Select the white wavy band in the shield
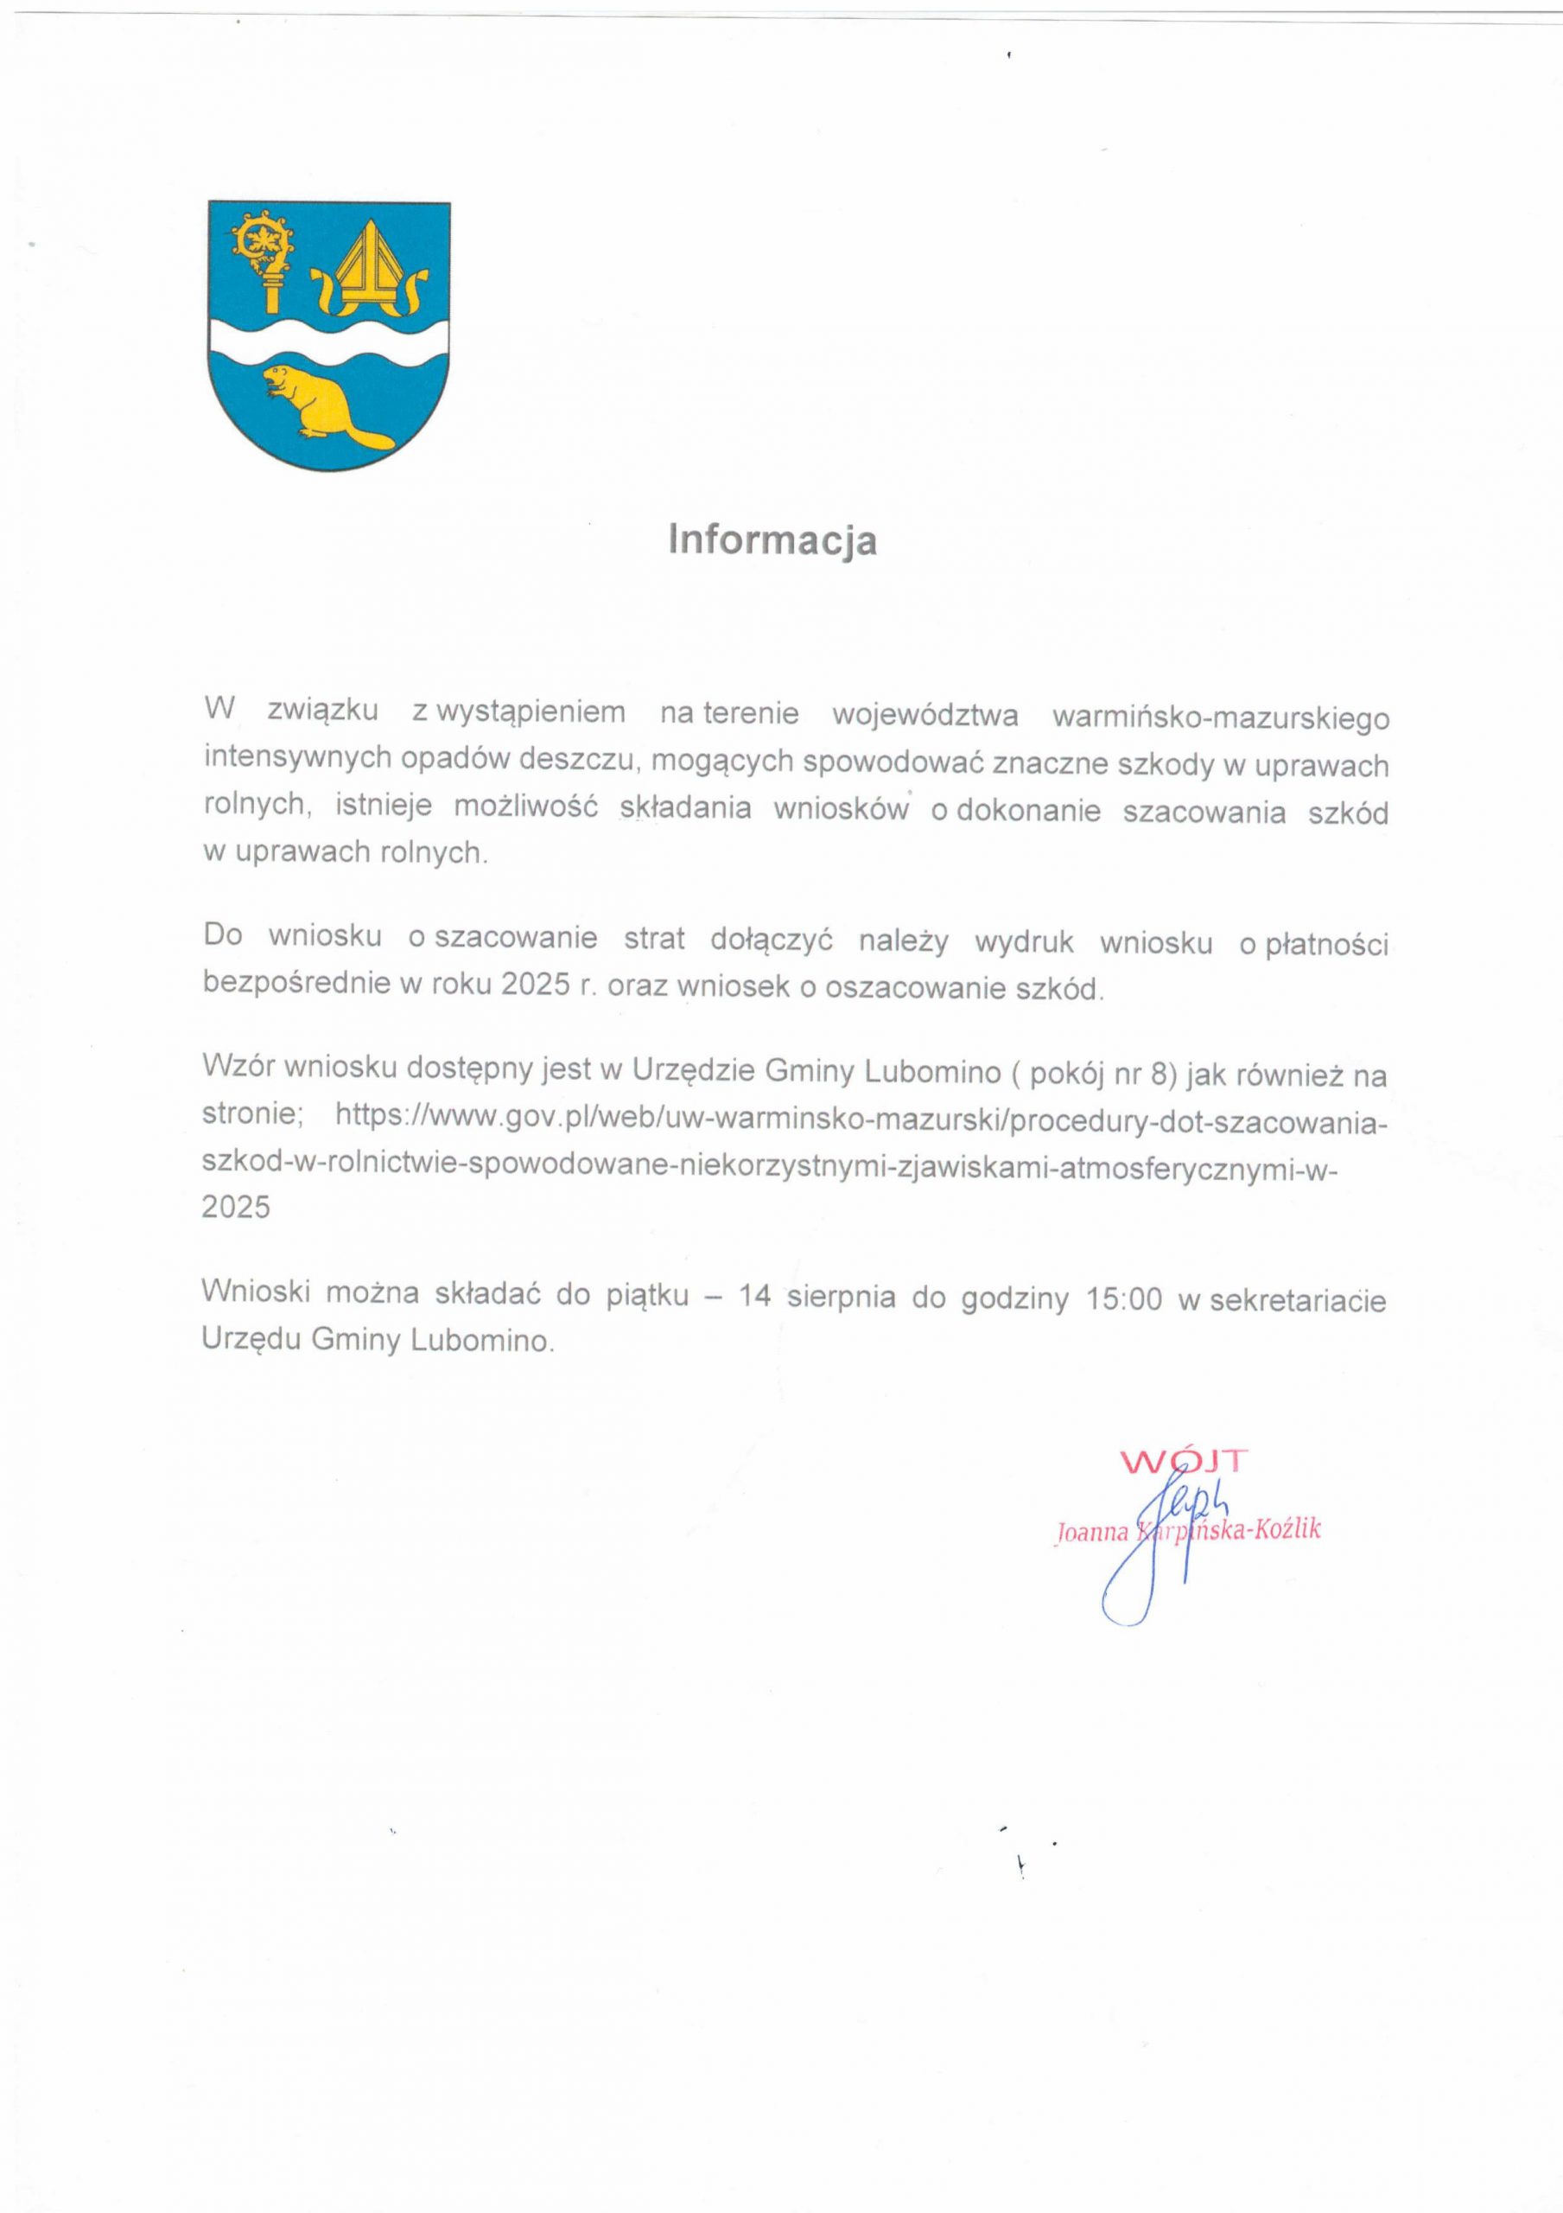point(328,343)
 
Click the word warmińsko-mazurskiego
point(1220,718)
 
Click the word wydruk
point(1023,941)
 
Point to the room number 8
point(1160,1073)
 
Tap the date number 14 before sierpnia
point(754,1297)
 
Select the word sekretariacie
point(1297,1300)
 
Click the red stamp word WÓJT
point(1184,1461)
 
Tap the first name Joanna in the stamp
point(1092,1533)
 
